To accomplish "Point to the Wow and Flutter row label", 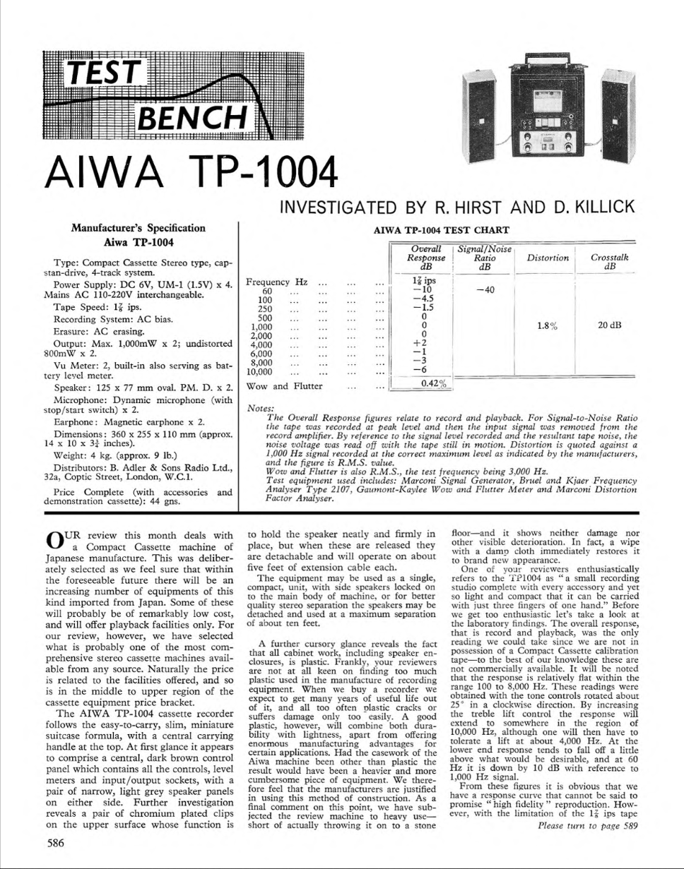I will [284, 386].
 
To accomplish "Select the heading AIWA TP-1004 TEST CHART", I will [440, 230].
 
